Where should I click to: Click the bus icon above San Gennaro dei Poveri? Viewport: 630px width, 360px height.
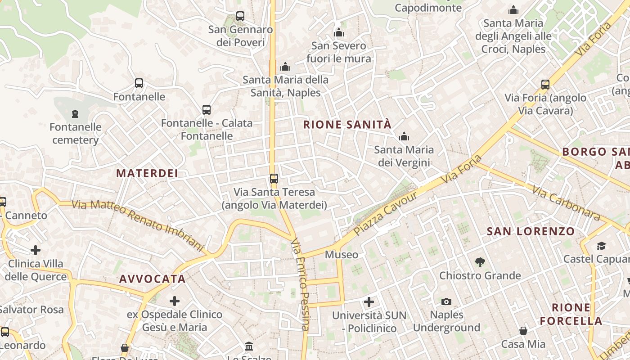tap(240, 16)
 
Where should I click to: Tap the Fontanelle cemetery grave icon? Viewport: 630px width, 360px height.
tap(75, 113)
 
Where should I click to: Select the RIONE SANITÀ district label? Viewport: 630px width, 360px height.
tap(347, 125)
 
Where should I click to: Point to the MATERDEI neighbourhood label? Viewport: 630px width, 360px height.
tap(147, 173)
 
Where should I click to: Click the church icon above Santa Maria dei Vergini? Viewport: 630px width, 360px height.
tap(404, 136)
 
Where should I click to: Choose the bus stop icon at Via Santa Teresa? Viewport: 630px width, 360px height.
tap(274, 178)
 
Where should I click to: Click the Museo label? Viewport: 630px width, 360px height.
tap(342, 255)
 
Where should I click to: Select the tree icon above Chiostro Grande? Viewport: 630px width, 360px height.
tap(480, 262)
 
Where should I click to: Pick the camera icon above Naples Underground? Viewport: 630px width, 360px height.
tap(446, 301)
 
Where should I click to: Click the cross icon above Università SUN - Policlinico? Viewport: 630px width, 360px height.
tap(369, 302)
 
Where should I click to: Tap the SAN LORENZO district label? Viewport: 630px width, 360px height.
tap(531, 232)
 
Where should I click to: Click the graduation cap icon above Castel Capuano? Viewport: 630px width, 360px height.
tap(601, 246)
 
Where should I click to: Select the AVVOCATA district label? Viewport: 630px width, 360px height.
tap(153, 279)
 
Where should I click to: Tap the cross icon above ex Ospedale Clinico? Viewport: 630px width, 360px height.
tap(175, 301)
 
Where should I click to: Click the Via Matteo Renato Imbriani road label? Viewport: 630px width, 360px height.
tap(138, 224)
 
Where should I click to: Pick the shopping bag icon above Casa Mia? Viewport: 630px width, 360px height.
tap(523, 331)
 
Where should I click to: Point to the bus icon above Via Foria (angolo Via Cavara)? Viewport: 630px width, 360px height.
tap(545, 84)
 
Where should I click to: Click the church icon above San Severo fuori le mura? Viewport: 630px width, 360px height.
tap(339, 32)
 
